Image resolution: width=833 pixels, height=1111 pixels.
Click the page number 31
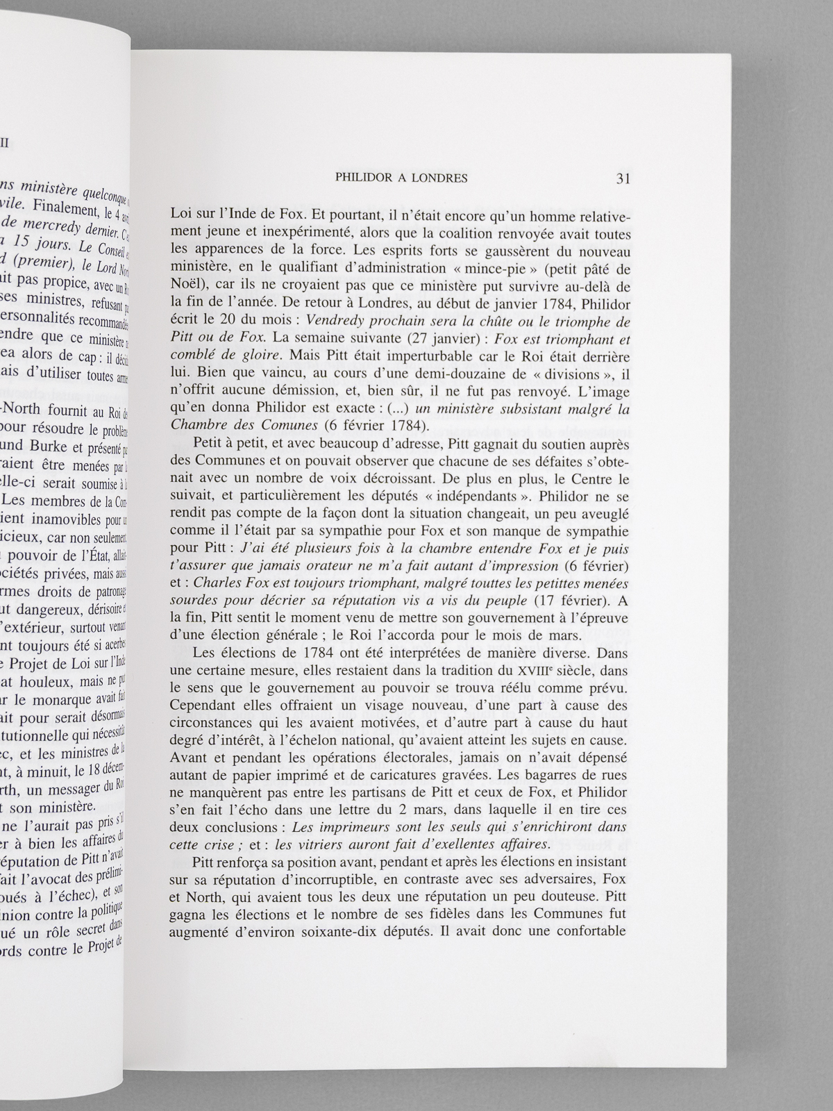pyautogui.click(x=622, y=178)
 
